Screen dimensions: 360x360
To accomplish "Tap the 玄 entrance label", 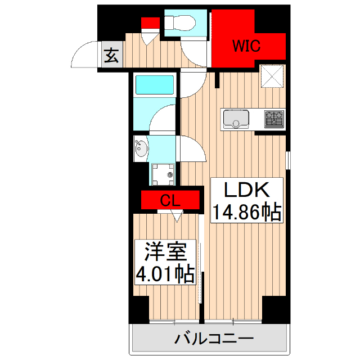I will [111, 56].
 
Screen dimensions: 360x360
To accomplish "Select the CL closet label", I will [170, 200].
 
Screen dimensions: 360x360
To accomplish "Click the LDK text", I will [245, 190].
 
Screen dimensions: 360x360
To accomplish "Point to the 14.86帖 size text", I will [246, 213].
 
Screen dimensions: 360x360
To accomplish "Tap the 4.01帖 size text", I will [165, 274].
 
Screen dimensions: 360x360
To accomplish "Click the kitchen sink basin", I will [237, 119].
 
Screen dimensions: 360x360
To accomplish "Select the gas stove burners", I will [274, 119].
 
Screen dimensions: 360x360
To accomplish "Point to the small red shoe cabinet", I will [150, 24].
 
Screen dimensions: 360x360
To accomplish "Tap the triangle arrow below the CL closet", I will [178, 215].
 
